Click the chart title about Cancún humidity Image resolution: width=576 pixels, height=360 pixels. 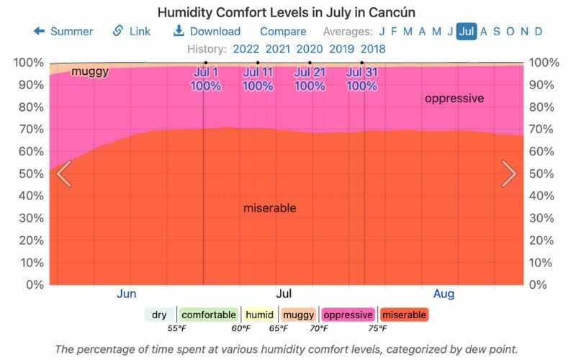287,12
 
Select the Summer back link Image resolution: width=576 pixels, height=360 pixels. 63,31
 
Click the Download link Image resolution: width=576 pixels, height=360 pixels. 207,31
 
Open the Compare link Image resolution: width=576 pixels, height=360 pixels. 283,31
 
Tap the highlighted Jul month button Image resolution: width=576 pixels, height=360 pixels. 467,31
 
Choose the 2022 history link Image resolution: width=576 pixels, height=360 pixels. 246,49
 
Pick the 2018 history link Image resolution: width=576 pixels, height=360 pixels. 372,49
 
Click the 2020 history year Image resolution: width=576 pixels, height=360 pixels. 310,49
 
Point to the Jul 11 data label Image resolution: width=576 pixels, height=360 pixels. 258,78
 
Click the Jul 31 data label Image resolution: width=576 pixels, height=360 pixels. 362,78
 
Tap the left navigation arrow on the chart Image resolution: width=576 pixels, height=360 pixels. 63,174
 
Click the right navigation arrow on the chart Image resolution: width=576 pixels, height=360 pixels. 509,174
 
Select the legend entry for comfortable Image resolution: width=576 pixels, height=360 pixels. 208,315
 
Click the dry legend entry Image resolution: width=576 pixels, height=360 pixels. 159,315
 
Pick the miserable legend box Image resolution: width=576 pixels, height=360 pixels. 404,315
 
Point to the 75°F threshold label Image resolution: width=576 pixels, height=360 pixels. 378,328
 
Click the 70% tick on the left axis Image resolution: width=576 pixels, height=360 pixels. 29,130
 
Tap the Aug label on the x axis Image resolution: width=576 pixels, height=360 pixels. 444,294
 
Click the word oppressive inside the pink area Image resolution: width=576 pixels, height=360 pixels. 454,99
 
